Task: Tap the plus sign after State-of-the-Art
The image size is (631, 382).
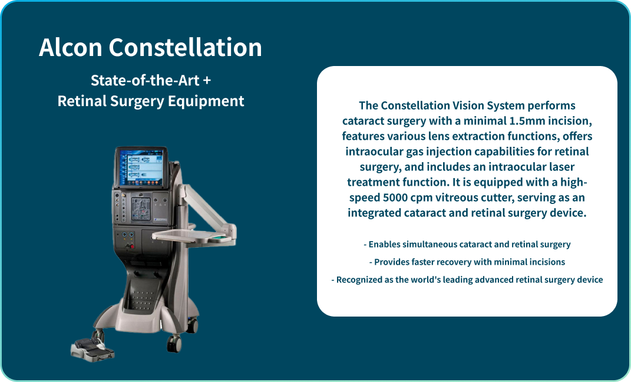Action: tap(207, 80)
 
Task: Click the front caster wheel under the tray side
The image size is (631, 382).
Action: tap(175, 342)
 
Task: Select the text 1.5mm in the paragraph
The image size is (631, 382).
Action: tap(527, 121)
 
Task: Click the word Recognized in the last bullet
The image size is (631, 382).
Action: tap(359, 279)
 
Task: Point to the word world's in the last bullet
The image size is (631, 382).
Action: tap(432, 279)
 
